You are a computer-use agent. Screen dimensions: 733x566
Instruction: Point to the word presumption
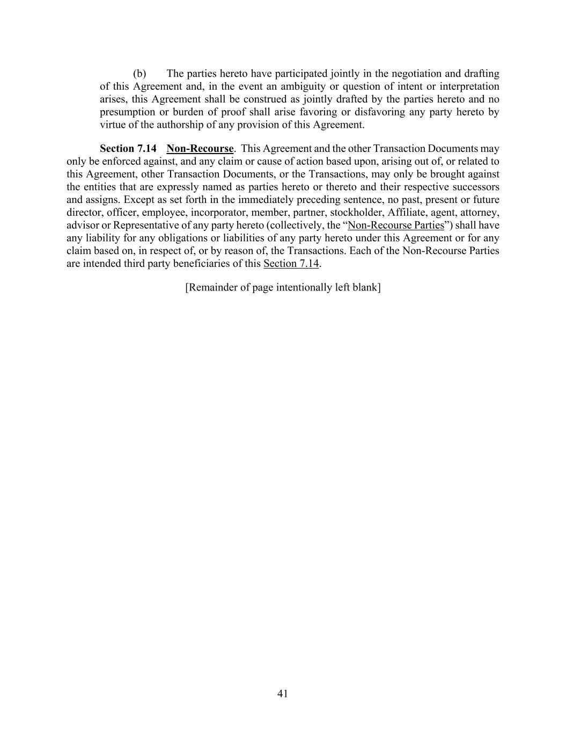pyautogui.click(x=127, y=112)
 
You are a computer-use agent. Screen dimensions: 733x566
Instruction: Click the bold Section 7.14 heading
pyautogui.click(x=128, y=149)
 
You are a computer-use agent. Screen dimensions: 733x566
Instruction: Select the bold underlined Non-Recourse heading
pyautogui.click(x=200, y=149)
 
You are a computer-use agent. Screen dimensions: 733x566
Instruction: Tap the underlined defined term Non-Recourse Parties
pyautogui.click(x=396, y=226)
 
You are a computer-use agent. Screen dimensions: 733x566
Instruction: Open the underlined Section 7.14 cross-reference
pyautogui.click(x=291, y=264)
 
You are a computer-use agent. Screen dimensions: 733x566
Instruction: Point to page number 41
pyautogui.click(x=283, y=694)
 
